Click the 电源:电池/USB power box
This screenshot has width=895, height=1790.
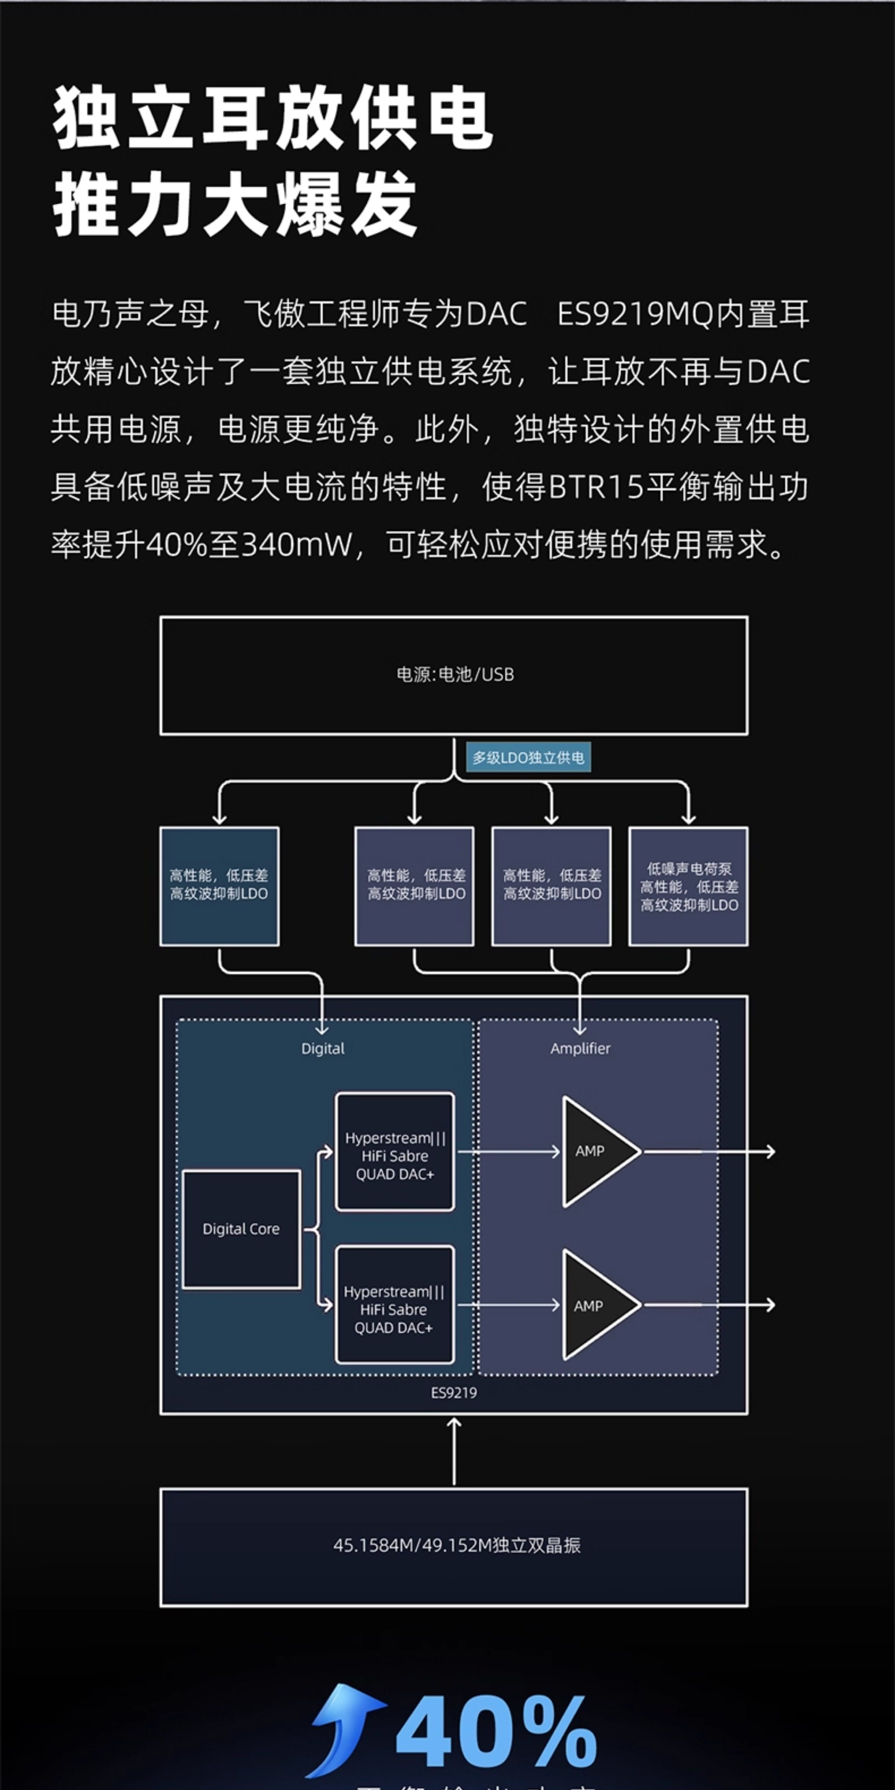[x=454, y=675]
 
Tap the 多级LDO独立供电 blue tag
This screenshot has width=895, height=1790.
[x=528, y=758]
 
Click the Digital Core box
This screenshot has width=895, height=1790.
[x=241, y=1228]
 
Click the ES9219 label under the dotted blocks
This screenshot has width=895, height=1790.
[x=454, y=1393]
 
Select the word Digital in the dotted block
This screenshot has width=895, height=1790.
[x=322, y=1049]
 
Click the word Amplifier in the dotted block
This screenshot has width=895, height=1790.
[x=580, y=1049]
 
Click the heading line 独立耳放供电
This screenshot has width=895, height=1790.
[x=273, y=118]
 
